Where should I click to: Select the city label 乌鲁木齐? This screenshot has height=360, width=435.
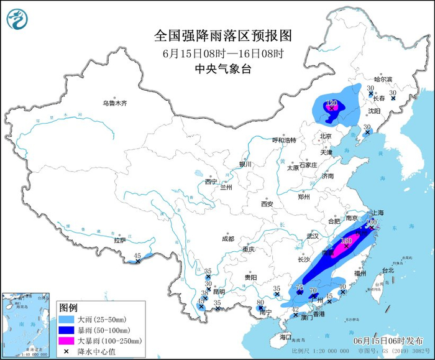pyautogui.click(x=114, y=103)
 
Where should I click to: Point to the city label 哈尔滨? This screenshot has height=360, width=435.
pyautogui.click(x=383, y=80)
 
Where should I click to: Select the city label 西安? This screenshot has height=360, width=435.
pyautogui.click(x=267, y=204)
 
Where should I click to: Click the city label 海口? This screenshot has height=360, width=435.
pyautogui.click(x=285, y=336)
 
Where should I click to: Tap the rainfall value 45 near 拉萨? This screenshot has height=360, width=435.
pyautogui.click(x=137, y=256)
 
